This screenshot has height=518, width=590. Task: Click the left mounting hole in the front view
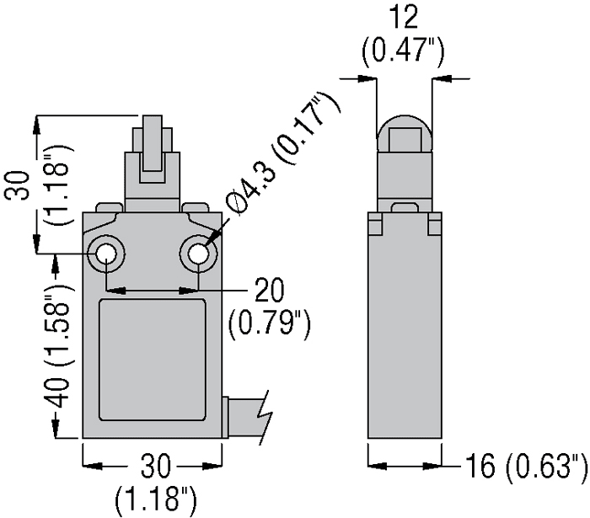coord(106,254)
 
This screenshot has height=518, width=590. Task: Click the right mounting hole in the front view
coord(198,254)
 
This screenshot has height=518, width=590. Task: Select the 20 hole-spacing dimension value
coord(269,290)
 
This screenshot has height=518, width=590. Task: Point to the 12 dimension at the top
coord(404,17)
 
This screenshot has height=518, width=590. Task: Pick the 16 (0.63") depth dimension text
coord(526,466)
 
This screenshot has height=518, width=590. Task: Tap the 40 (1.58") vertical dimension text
coord(60,344)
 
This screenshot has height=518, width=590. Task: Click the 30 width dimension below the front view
coord(155,467)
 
